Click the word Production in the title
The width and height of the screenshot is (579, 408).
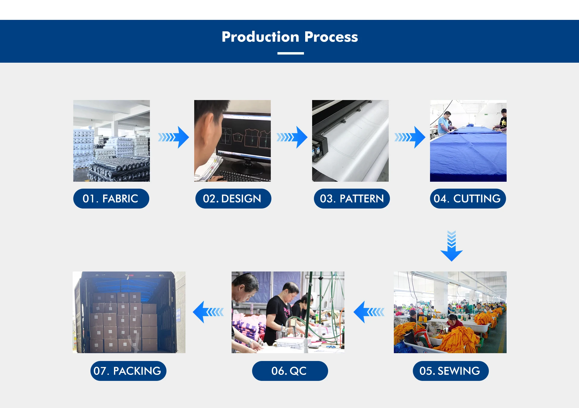[x=260, y=37]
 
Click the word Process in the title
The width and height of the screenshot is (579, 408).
[x=331, y=37]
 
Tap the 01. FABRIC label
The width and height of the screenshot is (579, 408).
[x=111, y=199]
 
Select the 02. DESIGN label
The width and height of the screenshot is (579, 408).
[x=233, y=199]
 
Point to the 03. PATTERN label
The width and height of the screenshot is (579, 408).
[x=352, y=199]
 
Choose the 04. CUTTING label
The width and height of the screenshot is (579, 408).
[x=468, y=199]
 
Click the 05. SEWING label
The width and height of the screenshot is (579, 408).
[x=450, y=371]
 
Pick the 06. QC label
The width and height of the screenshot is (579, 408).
[x=289, y=371]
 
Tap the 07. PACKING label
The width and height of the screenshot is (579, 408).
[x=128, y=371]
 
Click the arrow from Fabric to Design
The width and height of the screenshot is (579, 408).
[x=174, y=137]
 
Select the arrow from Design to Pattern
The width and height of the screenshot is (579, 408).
[x=292, y=137]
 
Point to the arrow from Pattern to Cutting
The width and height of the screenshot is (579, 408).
[x=410, y=137]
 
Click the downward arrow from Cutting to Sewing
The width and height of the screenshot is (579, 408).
[x=451, y=246]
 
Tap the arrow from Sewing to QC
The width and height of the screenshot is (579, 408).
[x=369, y=312]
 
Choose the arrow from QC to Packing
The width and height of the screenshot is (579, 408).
[x=208, y=312]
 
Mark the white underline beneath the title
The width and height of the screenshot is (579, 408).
[x=290, y=53]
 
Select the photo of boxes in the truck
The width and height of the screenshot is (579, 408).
[x=129, y=312]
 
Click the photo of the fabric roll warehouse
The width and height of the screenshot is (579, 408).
[x=112, y=141]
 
